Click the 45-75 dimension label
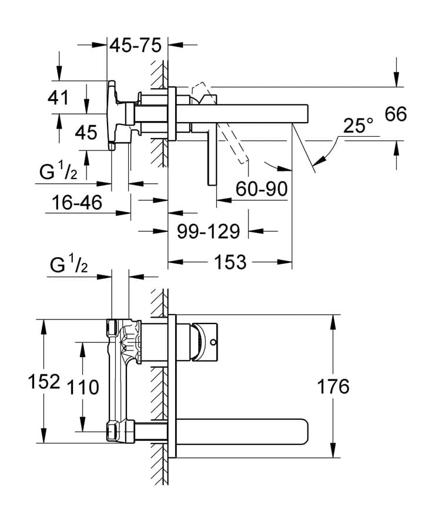[137, 46]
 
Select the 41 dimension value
[59, 97]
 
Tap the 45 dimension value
[86, 132]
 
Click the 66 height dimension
[396, 114]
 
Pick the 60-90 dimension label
[261, 189]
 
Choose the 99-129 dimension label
[209, 231]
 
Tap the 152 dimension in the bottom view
[45, 382]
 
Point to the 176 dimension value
[333, 386]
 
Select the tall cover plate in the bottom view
[172, 386]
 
